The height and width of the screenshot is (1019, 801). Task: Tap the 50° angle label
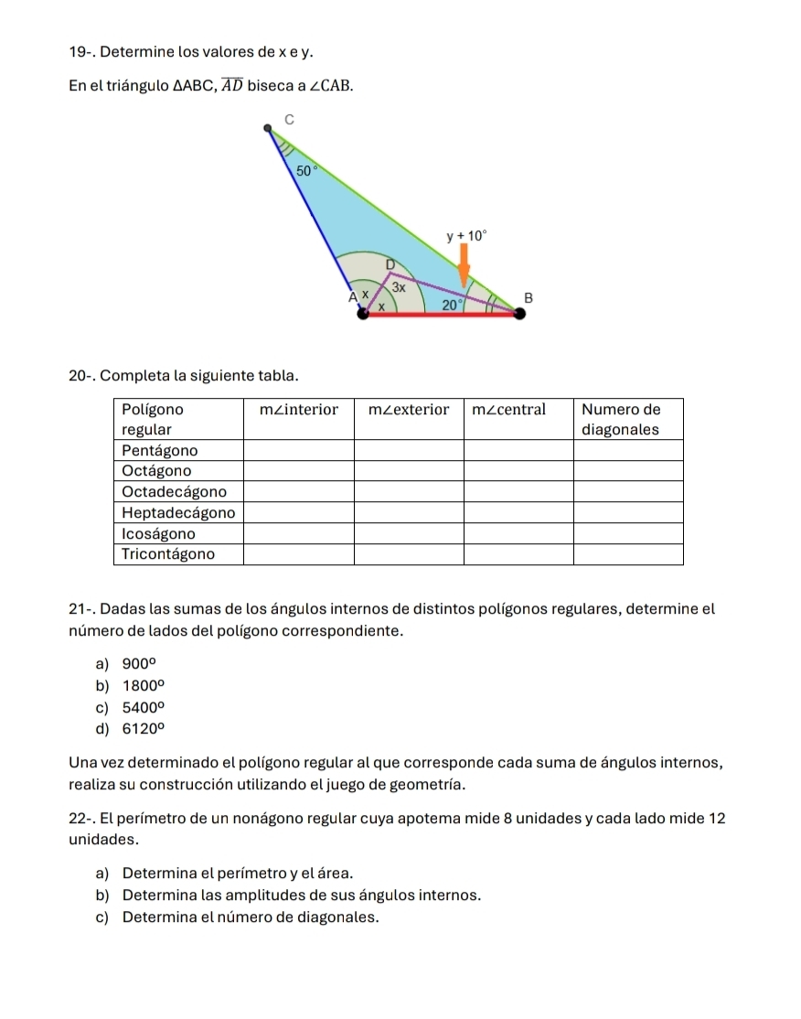pyautogui.click(x=304, y=170)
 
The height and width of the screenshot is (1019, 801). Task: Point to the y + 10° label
pyautogui.click(x=467, y=235)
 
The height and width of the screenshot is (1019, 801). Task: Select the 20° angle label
pyautogui.click(x=451, y=305)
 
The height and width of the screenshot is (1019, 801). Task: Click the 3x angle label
pyautogui.click(x=399, y=286)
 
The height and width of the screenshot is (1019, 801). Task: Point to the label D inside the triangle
pyautogui.click(x=389, y=264)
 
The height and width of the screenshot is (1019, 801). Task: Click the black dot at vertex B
pyautogui.click(x=520, y=314)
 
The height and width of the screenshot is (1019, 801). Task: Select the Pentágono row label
pyautogui.click(x=159, y=450)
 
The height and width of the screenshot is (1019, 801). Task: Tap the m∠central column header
pyautogui.click(x=508, y=409)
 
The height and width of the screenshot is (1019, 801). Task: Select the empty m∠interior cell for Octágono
pyautogui.click(x=298, y=471)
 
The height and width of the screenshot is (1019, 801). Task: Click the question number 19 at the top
pyautogui.click(x=79, y=54)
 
